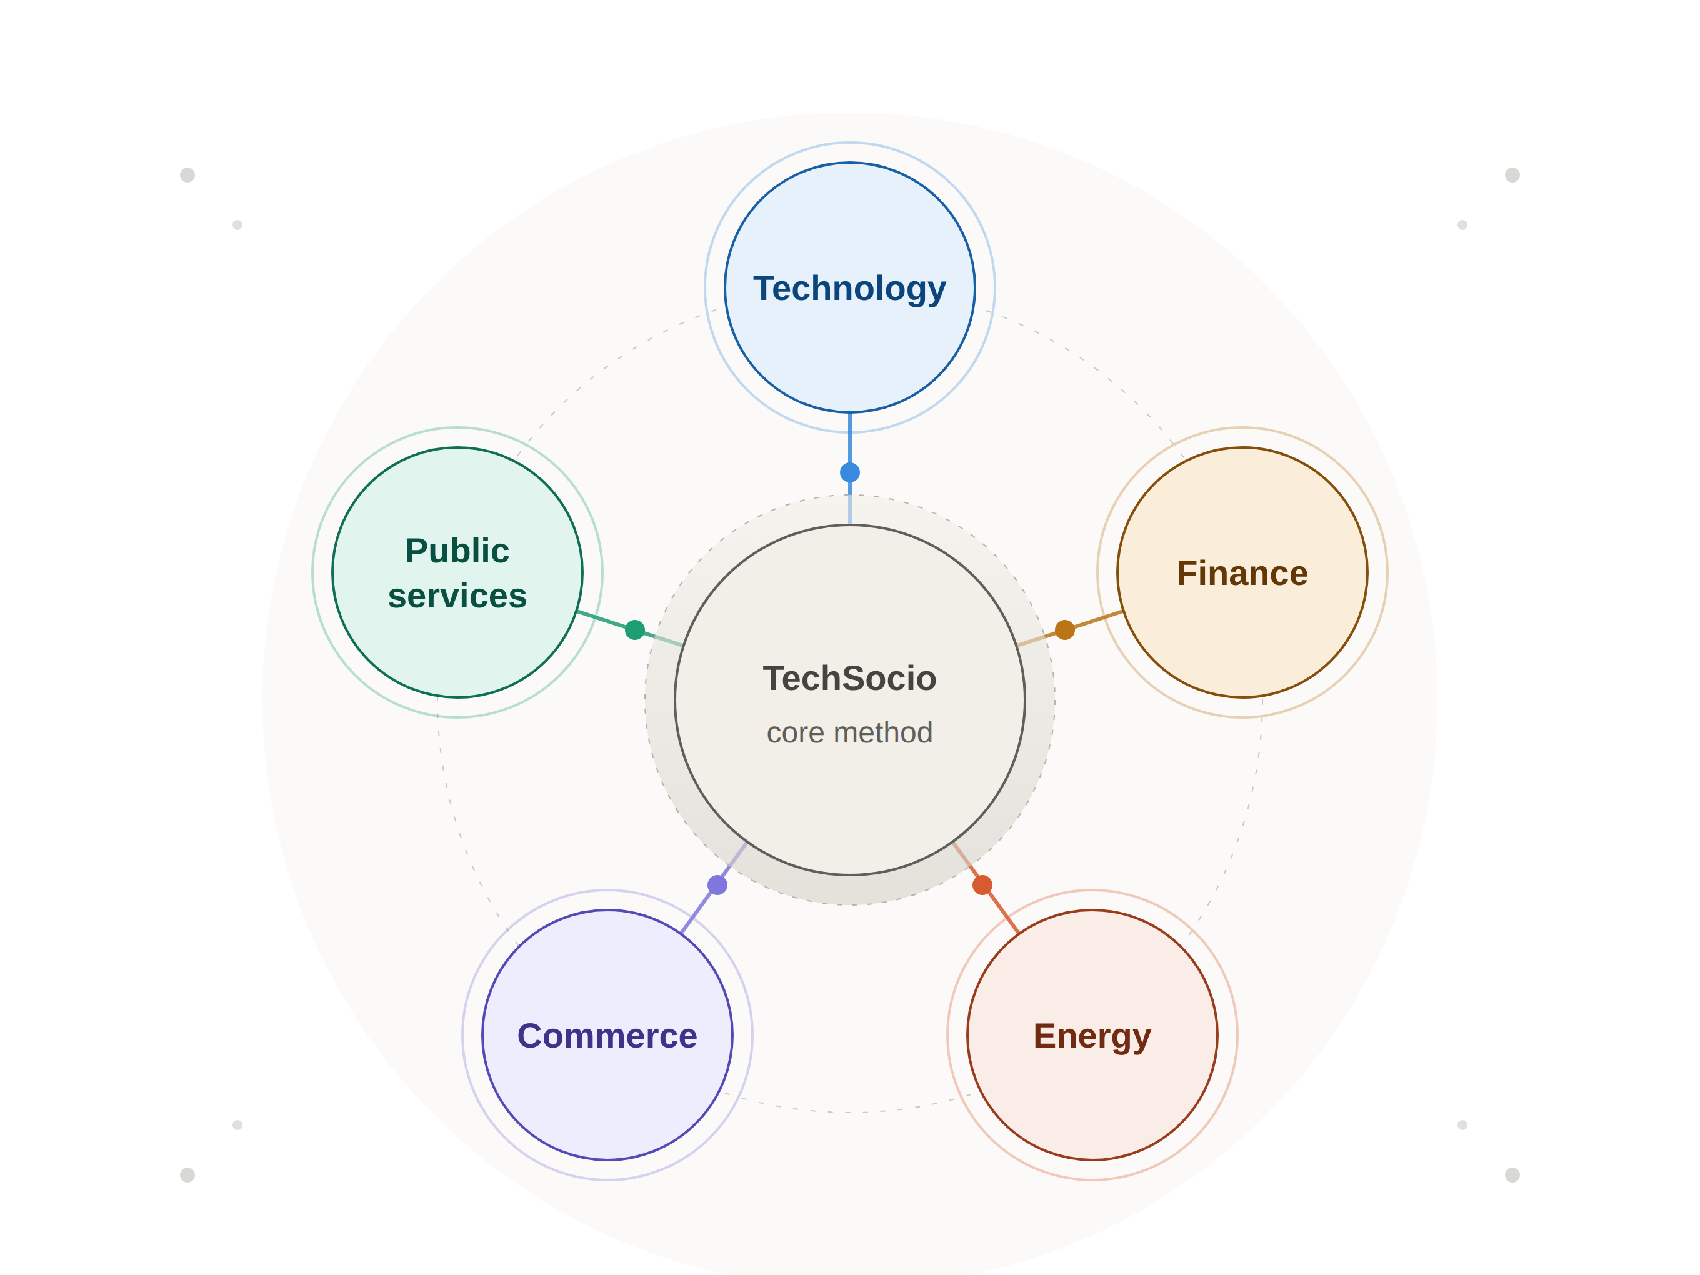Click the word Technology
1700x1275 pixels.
849,289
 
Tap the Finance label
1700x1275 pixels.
1242,573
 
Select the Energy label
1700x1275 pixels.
1092,1037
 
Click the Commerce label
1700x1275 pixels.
607,1036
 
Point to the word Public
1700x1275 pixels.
457,551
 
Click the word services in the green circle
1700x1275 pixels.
457,596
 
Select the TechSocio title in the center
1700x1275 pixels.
849,679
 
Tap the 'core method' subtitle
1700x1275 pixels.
849,732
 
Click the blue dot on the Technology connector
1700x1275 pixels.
850,472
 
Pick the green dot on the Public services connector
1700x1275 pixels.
635,630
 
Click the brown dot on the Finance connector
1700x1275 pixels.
1064,630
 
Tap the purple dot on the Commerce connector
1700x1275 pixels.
717,886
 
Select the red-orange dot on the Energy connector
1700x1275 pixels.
982,886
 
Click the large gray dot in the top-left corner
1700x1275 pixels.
187,175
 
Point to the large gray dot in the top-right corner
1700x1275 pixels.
1512,175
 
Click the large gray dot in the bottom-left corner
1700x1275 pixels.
187,1175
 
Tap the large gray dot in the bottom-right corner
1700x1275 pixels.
1512,1175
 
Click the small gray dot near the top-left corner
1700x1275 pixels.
237,225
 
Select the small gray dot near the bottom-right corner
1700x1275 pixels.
1462,1125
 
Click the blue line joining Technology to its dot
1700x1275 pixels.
850,437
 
